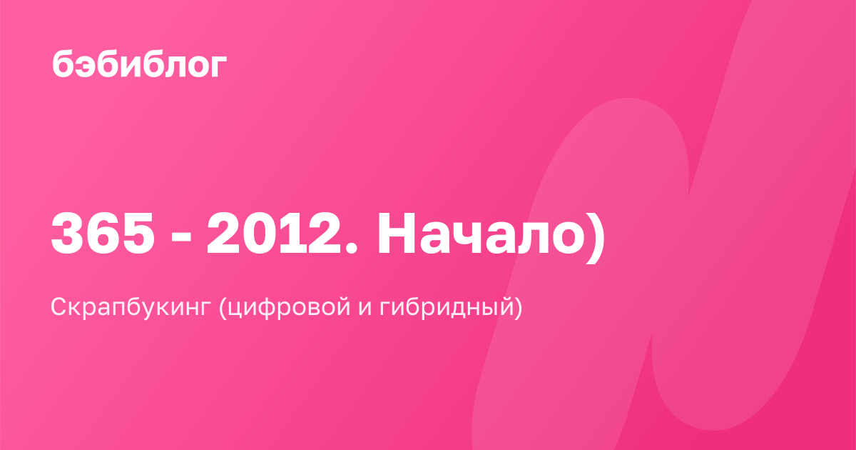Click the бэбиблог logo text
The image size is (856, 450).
point(140,64)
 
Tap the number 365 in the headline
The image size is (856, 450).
point(103,233)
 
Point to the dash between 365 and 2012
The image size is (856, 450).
point(180,239)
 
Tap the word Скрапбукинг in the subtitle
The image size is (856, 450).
point(131,307)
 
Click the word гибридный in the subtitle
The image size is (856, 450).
point(447,307)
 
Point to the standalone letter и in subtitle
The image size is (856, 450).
point(365,309)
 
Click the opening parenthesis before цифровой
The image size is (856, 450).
point(223,307)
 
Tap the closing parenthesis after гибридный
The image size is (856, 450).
point(518,307)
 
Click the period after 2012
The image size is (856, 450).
point(351,248)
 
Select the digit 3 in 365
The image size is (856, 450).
point(68,233)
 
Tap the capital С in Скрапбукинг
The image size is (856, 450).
point(60,307)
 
